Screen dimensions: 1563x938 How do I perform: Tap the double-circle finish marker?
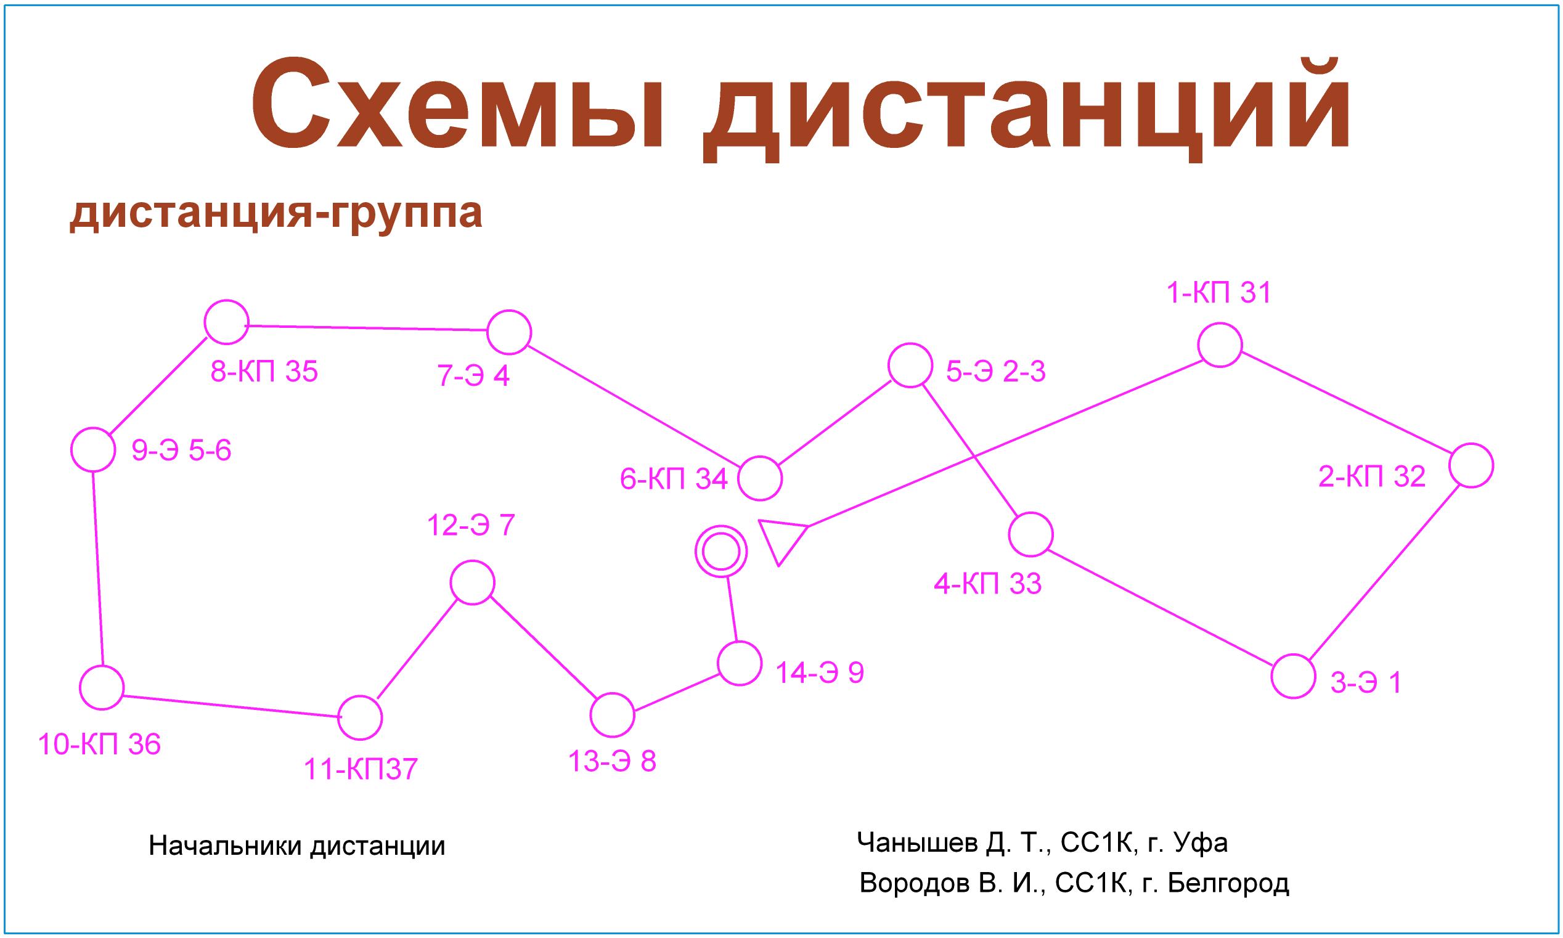click(720, 552)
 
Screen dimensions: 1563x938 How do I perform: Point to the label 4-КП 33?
click(987, 584)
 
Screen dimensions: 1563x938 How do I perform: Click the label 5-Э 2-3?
click(995, 372)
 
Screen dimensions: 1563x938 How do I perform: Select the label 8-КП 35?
click(264, 372)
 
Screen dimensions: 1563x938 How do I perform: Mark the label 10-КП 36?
click(99, 744)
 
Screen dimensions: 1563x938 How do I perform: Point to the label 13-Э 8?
click(612, 762)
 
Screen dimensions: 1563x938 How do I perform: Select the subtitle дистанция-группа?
click(276, 214)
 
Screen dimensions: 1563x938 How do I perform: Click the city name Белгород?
click(1228, 884)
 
